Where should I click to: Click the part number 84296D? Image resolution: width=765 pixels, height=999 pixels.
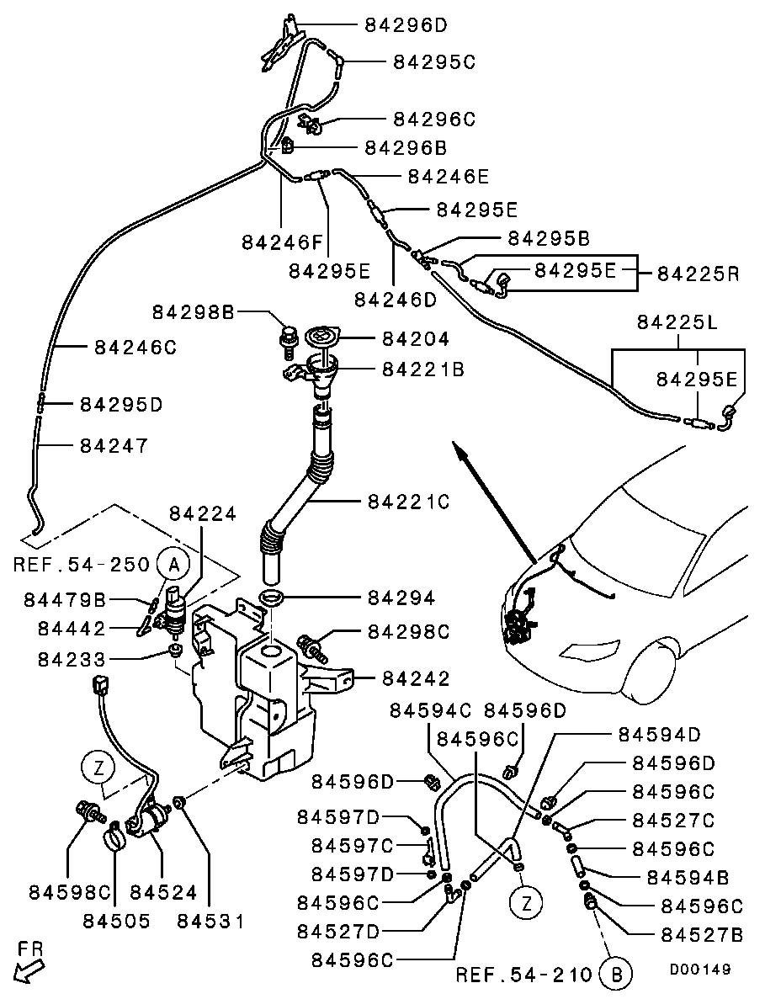point(406,25)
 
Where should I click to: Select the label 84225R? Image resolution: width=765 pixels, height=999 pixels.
point(699,274)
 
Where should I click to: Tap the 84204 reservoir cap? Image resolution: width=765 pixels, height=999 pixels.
point(321,337)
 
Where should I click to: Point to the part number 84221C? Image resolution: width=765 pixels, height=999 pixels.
point(408,502)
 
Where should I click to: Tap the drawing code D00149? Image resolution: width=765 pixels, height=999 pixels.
point(700,969)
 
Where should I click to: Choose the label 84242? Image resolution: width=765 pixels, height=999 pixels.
point(415,678)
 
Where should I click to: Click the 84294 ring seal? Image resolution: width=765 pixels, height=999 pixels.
point(273,598)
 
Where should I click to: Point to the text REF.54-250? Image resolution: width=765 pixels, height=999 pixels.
point(81,565)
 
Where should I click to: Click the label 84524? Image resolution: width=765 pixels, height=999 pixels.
point(163,893)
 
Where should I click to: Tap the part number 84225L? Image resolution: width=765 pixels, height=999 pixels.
point(677,322)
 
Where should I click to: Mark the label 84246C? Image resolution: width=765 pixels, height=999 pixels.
point(135,348)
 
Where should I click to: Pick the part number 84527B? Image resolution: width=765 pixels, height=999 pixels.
point(702,935)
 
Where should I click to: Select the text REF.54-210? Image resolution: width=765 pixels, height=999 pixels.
point(525,975)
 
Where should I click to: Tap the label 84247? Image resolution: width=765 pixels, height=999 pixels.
point(114,445)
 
